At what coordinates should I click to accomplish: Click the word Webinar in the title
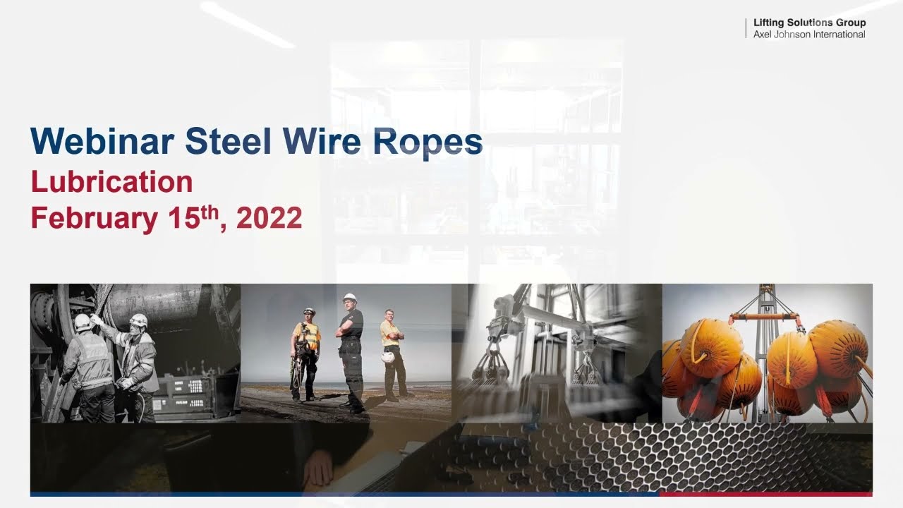coord(102,141)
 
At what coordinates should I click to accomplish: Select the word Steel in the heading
coord(228,141)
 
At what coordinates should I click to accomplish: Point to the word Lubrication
coord(112,182)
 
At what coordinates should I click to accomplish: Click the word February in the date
coord(95,219)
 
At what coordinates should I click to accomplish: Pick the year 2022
coord(269,218)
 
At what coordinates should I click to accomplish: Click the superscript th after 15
coord(210,212)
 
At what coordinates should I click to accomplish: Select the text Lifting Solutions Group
coord(809,23)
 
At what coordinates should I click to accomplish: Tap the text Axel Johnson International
coord(809,35)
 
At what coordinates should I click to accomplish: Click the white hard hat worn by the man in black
coord(349,298)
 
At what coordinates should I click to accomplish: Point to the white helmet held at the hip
coord(388,357)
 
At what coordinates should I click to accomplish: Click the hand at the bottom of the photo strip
coord(318,468)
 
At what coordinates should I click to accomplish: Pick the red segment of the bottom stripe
coord(766,494)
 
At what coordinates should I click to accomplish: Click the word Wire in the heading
coord(322,141)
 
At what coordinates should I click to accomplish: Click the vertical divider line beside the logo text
coord(746,28)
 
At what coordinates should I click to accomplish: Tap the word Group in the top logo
coord(851,23)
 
